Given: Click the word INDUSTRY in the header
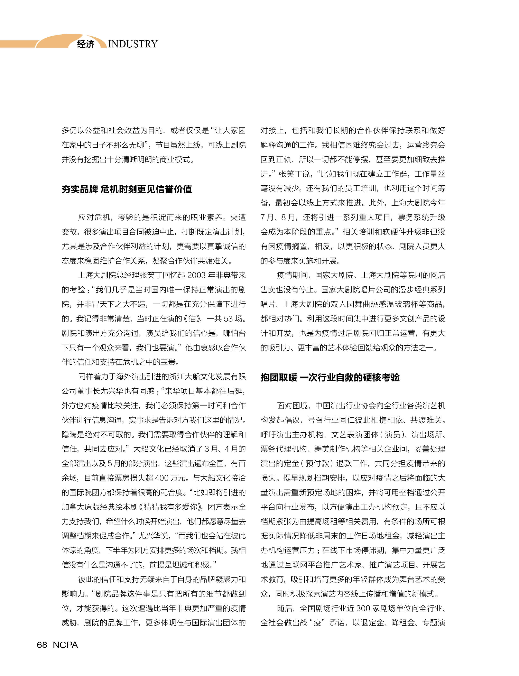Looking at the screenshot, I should pyautogui.click(x=133, y=44).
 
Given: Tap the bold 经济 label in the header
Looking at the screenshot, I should pyautogui.click(x=86, y=44).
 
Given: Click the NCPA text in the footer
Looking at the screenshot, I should pyautogui.click(x=65, y=645).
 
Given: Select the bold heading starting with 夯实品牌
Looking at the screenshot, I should pyautogui.click(x=127, y=189).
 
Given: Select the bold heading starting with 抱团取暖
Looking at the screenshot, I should pyautogui.click(x=330, y=377).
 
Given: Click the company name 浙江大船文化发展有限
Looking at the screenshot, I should pyautogui.click(x=204, y=377).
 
